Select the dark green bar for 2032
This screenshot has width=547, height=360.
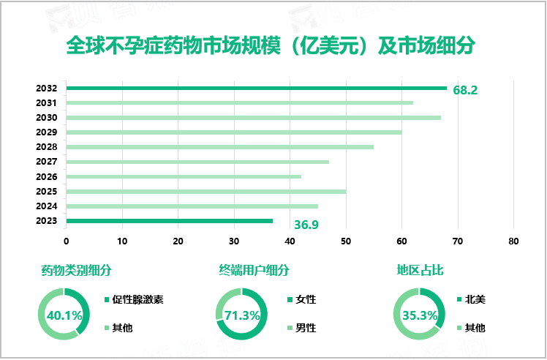256,88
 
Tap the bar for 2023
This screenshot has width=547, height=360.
169,220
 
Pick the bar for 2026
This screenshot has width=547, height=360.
184,176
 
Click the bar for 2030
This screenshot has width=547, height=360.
253,117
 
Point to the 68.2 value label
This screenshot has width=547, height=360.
465,90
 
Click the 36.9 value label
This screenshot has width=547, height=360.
307,224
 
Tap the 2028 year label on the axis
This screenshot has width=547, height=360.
46,147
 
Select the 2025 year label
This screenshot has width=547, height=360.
46,191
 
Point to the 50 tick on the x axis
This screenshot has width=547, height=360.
346,240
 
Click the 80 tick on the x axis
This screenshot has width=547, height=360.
513,240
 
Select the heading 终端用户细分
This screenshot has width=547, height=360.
254,271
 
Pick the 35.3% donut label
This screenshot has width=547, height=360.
420,315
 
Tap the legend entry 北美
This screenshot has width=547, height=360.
475,299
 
